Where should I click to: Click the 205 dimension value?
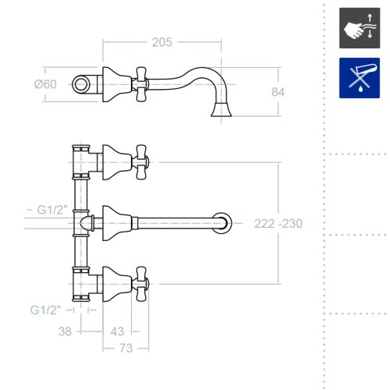click(x=162, y=42)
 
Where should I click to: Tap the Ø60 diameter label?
click(x=45, y=84)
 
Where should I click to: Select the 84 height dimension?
click(x=278, y=92)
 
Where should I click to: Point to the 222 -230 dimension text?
click(x=278, y=224)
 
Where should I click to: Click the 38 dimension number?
click(x=65, y=331)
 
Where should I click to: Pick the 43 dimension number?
click(x=117, y=331)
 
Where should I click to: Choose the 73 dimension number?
click(x=126, y=348)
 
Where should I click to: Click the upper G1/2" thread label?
click(x=52, y=210)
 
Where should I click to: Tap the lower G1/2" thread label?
click(x=45, y=310)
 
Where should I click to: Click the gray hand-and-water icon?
click(x=360, y=28)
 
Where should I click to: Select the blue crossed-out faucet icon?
click(x=360, y=78)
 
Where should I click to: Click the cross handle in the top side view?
click(x=141, y=84)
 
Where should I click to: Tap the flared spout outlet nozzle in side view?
click(x=222, y=109)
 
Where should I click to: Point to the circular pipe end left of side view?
click(x=80, y=84)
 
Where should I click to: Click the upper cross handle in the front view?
click(x=141, y=162)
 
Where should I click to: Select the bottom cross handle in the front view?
click(x=141, y=284)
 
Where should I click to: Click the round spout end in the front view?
click(x=222, y=223)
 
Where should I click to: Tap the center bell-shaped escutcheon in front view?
click(x=117, y=223)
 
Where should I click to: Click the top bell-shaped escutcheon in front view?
click(x=117, y=162)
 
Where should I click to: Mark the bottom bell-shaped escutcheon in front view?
click(x=117, y=284)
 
